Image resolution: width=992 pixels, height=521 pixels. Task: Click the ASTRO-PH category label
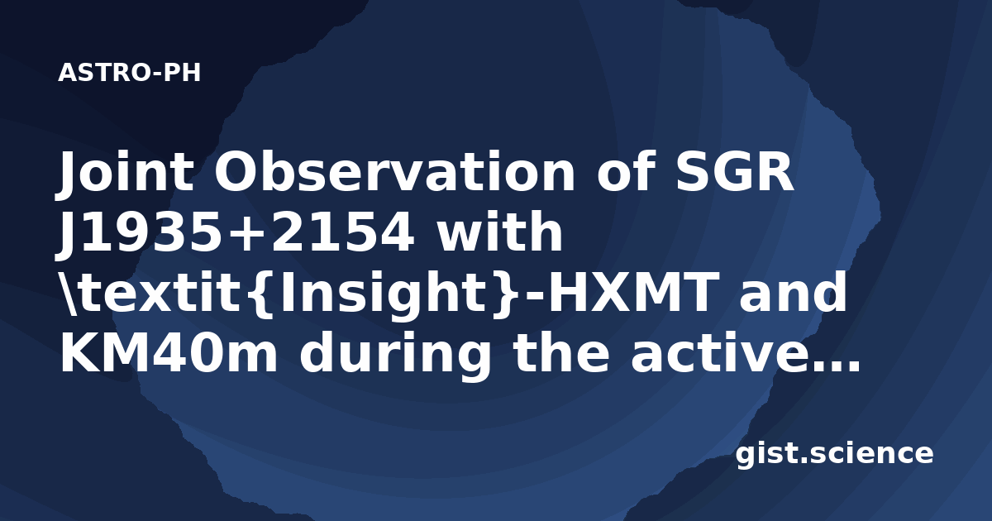pos(129,73)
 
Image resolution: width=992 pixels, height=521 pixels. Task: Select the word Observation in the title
pos(394,171)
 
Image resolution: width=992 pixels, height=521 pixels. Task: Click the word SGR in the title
pos(735,171)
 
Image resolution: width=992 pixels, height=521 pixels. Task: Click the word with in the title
pos(499,231)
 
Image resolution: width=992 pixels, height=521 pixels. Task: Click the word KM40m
pos(169,351)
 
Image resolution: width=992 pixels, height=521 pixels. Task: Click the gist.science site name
pos(834,455)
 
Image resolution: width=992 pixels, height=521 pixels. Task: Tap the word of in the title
pos(625,171)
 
